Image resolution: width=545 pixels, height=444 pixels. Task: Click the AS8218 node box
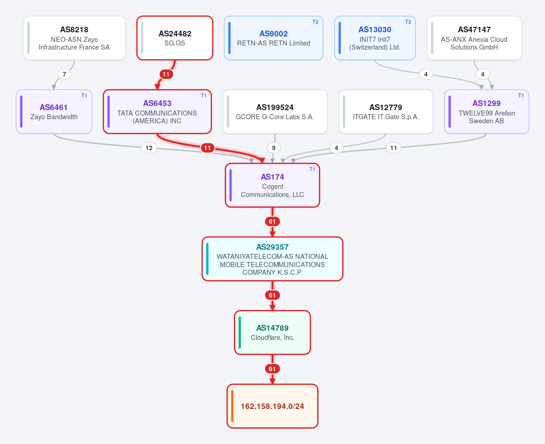(74, 38)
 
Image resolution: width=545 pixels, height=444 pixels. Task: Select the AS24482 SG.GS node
(175, 38)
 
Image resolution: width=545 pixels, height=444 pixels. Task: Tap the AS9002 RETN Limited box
(273, 38)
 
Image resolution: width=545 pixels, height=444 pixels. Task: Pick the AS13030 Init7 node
(375, 38)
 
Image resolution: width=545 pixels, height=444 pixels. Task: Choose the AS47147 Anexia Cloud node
(474, 38)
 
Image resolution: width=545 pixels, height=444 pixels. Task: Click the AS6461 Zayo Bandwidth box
(54, 111)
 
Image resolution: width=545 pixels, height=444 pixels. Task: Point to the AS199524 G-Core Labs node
(275, 111)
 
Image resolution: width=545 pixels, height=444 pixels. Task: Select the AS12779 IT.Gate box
(386, 111)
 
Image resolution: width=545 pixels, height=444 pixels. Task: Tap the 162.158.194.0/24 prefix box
(272, 406)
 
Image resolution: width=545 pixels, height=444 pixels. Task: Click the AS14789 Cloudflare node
(272, 333)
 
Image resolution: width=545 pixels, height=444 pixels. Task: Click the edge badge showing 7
(64, 74)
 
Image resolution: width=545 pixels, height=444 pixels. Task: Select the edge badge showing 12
(149, 148)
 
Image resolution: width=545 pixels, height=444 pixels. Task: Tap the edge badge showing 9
(273, 148)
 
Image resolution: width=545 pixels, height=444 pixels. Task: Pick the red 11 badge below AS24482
(166, 74)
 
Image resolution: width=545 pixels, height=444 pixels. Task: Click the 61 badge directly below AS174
(272, 222)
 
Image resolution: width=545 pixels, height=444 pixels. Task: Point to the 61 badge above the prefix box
(272, 369)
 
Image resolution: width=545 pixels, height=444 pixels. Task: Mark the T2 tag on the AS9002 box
(316, 22)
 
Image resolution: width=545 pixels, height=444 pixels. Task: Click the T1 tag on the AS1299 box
(521, 96)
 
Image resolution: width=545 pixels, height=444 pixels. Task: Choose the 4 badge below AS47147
(483, 74)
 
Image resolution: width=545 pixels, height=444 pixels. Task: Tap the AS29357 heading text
(272, 247)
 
